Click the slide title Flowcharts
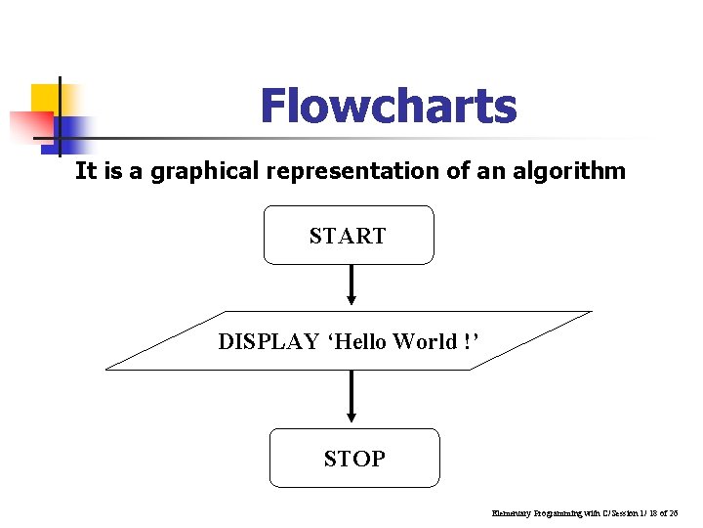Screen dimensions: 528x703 click(x=388, y=107)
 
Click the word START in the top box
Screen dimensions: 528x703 click(x=348, y=236)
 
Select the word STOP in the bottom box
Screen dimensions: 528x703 click(x=354, y=459)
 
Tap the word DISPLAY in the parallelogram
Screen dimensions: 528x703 click(x=269, y=341)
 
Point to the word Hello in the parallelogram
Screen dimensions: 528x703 click(x=364, y=341)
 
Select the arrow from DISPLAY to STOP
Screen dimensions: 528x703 click(x=351, y=396)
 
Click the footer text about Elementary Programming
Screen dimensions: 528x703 click(x=585, y=512)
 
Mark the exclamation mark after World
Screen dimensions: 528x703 click(x=470, y=341)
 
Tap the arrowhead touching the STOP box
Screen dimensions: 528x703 click(x=351, y=421)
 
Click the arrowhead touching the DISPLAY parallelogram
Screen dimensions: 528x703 click(x=351, y=302)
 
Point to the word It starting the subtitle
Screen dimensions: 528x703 click(x=85, y=172)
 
